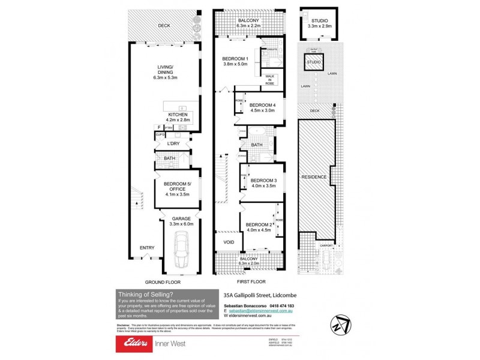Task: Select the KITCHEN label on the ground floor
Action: (178, 115)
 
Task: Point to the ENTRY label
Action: (147, 248)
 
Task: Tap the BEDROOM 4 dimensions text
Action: (262, 110)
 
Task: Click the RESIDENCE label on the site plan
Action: (314, 177)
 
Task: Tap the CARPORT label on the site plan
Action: (326, 245)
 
